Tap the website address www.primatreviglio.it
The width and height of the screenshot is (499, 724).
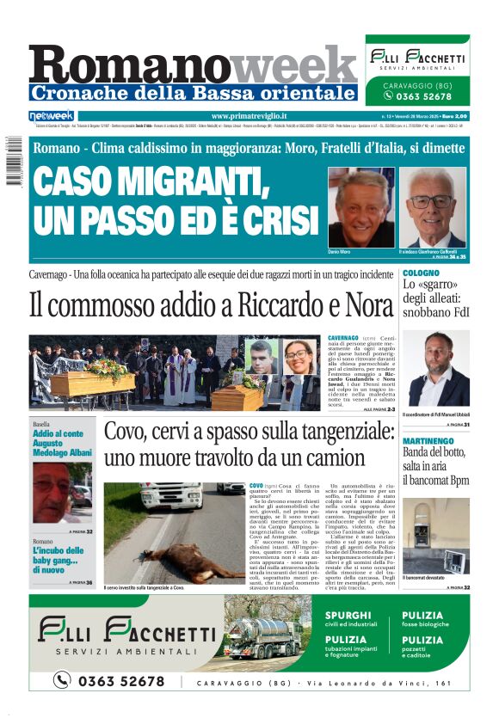tap(249, 116)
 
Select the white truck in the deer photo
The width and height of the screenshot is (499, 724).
tap(172, 497)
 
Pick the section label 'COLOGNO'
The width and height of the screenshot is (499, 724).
tap(420, 273)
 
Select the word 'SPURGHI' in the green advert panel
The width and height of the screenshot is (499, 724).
tap(348, 616)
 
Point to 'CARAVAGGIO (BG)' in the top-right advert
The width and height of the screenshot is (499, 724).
tap(417, 86)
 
